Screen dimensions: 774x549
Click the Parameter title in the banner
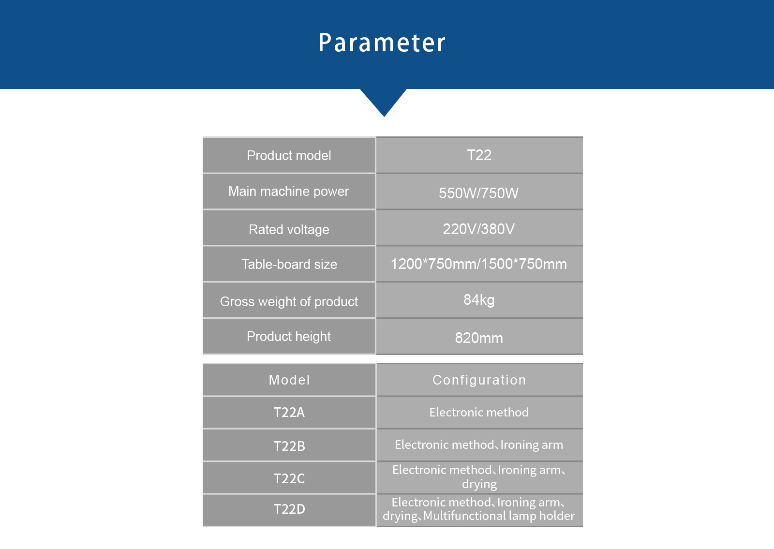382,43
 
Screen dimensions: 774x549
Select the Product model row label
289,156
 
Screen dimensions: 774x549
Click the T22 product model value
479,155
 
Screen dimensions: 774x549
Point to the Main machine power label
288,192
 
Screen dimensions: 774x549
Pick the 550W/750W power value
478,193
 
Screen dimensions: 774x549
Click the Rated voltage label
289,229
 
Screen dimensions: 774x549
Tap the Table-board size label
289,264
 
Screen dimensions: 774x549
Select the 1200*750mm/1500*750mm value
478,264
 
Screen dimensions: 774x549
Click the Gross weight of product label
289,302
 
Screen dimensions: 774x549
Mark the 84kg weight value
479,300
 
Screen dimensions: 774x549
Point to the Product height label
288,337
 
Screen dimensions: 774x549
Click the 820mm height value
479,338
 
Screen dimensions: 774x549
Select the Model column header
289,380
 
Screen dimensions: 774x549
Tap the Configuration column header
479,380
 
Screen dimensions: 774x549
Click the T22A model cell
289,413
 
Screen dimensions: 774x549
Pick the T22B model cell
289,446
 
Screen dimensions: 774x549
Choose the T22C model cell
289,478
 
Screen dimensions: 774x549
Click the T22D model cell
289,509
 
